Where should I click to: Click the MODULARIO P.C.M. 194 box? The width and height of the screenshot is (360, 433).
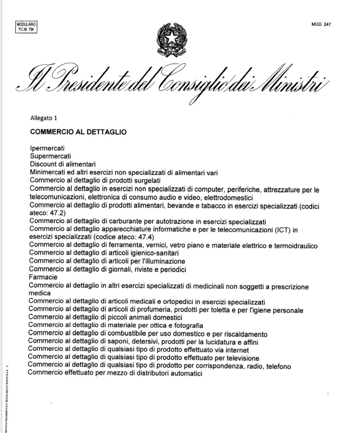pos(26,27)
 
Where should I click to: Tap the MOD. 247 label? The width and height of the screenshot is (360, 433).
pos(321,24)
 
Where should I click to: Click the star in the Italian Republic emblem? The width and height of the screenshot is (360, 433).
pos(172,37)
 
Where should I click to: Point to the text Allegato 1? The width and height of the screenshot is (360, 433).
pos(44,118)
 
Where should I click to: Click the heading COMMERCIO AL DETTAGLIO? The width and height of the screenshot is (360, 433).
pos(78,132)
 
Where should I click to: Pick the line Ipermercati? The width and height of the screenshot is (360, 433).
pos(47,148)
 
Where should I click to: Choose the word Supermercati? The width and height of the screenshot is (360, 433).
pos(50,156)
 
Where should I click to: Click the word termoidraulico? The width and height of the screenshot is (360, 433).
pos(296,246)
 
